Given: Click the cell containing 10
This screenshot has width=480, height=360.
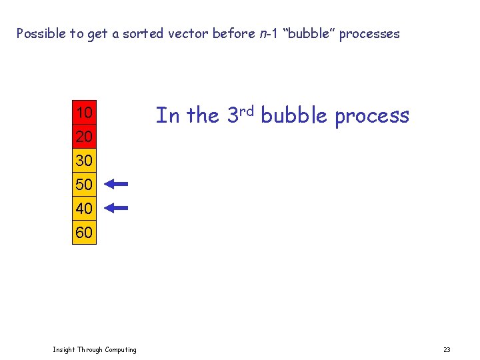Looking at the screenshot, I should point(84,113).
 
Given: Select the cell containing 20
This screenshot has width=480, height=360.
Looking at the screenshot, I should point(84,137).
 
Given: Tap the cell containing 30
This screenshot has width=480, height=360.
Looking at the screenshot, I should point(84,161).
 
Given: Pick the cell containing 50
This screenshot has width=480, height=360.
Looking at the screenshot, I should point(84,185).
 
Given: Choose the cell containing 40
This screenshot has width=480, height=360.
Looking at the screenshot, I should point(84,209).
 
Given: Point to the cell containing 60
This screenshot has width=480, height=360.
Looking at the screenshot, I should point(84,233).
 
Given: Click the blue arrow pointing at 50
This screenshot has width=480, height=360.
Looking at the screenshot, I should point(116,184).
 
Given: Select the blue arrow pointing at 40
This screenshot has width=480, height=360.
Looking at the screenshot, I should point(116,208).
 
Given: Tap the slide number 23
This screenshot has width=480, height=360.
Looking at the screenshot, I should point(447,350).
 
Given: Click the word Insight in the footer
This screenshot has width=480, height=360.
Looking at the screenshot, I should point(64,350).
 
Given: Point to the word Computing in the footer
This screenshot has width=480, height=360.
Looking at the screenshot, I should point(120,350).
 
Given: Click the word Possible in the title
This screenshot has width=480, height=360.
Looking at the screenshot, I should point(41,33).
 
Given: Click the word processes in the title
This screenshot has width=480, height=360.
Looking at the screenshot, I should point(369,33).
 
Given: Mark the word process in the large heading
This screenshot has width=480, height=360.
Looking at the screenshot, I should point(372,116).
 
